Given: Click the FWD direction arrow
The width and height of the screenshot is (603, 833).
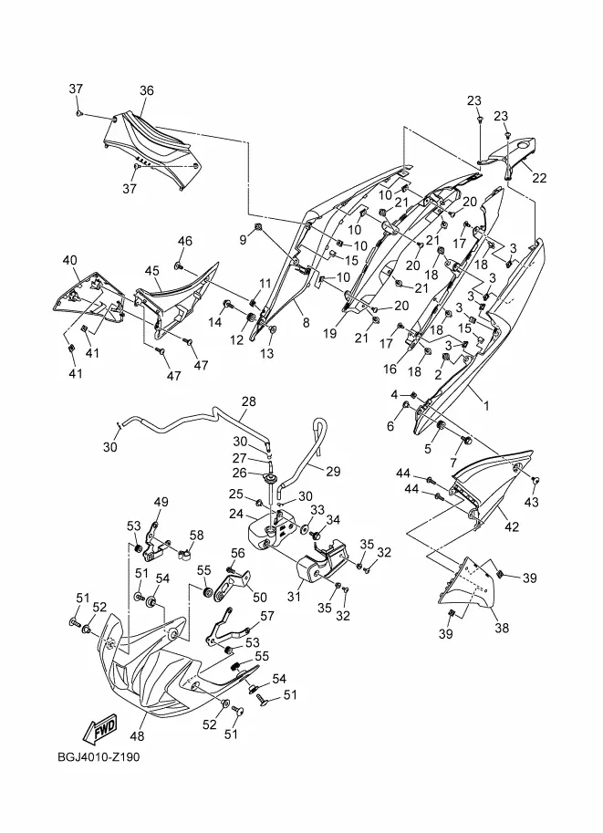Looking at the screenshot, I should pos(98,728).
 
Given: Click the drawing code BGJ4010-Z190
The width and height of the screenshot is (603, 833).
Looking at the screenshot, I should pos(92,756).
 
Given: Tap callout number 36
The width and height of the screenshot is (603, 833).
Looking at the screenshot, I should pos(147,90).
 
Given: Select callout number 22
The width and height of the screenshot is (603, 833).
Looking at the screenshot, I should pos(540,178).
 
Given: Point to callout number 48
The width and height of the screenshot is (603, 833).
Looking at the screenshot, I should pos(138,735).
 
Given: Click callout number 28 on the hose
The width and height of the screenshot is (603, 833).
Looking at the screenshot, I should pos(248,401).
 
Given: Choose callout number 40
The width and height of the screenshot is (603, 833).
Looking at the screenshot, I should pos(69,260).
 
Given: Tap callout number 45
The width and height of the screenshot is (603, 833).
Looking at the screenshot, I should pos(152,271).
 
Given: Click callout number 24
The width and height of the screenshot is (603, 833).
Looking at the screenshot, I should pos(235,514).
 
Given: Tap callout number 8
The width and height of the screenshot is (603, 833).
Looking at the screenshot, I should pos(306,323).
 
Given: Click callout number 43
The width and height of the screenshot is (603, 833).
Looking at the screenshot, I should pos(532,502).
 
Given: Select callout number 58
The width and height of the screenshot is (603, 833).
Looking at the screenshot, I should pos(196,535).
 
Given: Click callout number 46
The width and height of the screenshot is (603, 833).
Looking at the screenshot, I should pos(186,241).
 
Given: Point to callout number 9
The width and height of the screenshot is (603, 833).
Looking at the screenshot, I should pos(243,239).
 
